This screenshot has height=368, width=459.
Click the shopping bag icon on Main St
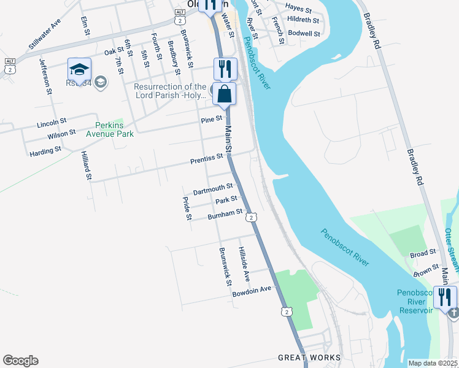(225, 94)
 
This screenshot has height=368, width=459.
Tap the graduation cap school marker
(80, 69)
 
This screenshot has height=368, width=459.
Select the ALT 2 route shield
(9, 66)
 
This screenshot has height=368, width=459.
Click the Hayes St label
(299, 7)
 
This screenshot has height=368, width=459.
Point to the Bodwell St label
(304, 33)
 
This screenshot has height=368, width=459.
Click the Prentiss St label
(206, 158)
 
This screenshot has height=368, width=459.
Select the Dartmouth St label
(213, 189)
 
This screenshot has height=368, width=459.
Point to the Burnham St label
(225, 214)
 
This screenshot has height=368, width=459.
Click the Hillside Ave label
(244, 264)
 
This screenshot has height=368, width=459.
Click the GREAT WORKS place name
(309, 358)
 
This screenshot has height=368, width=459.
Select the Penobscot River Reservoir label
(419, 301)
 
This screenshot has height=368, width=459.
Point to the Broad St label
(423, 252)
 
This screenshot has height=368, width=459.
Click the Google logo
(20, 361)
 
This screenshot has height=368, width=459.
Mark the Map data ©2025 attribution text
(432, 363)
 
